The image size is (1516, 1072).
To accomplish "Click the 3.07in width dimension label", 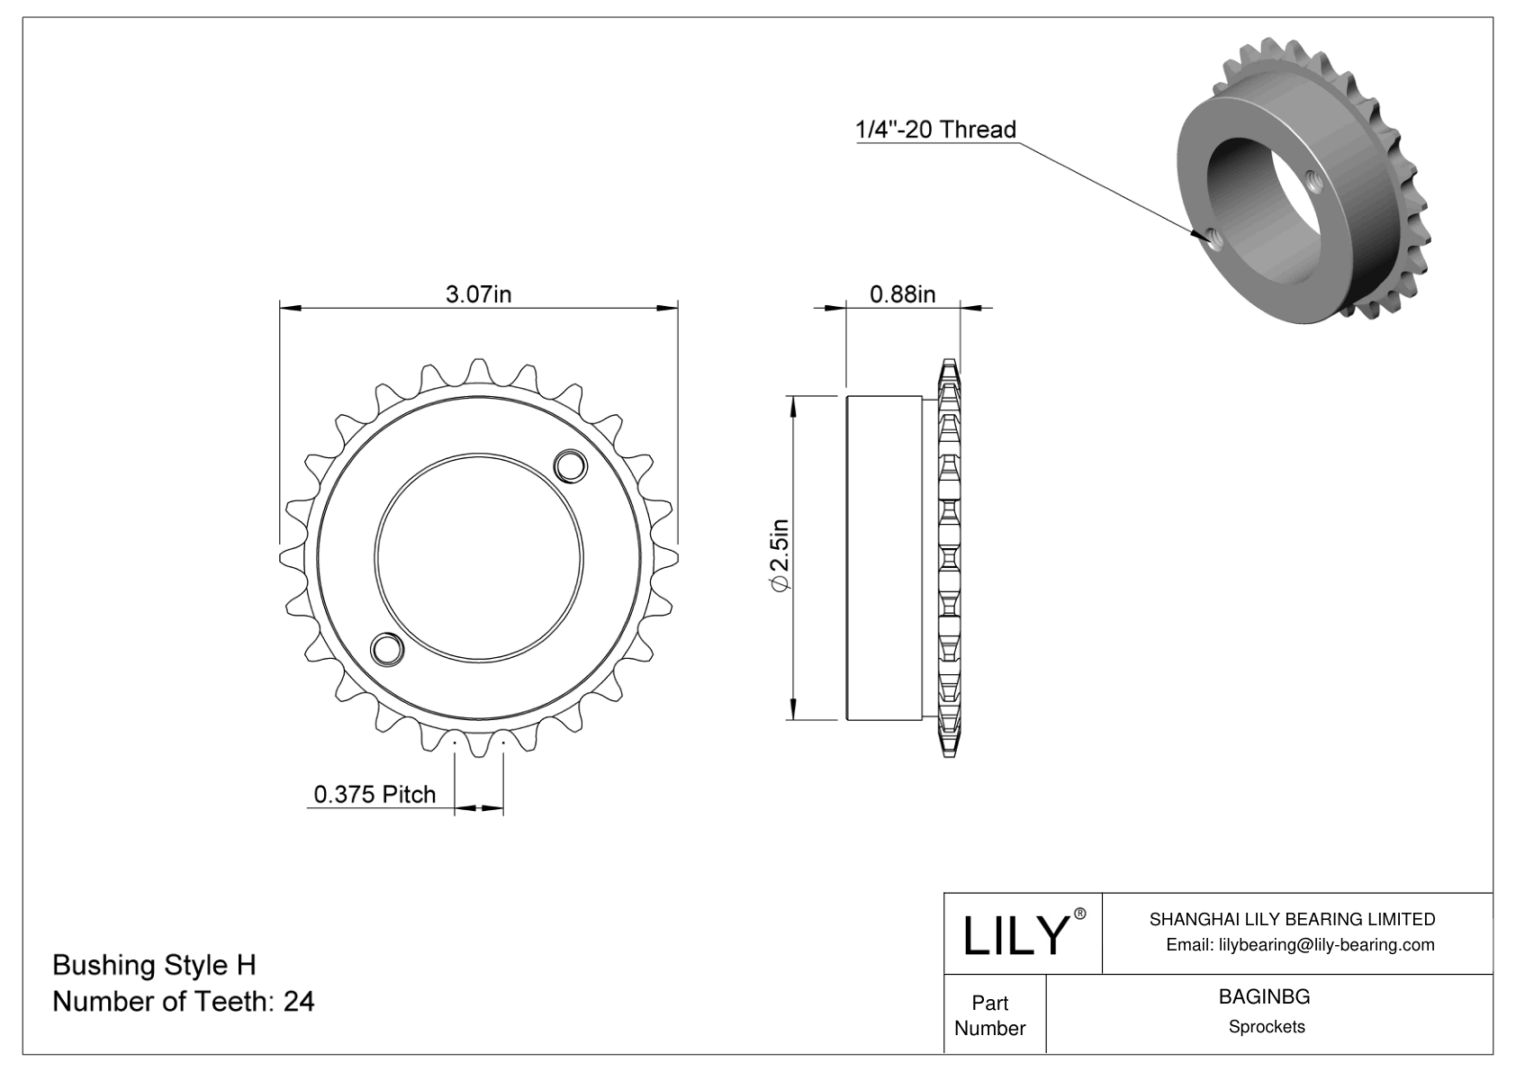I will click(478, 294).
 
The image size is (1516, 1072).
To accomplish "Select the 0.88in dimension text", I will click(902, 294).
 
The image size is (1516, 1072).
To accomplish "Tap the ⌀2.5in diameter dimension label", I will click(779, 556).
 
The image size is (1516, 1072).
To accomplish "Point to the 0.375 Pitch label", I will click(374, 794).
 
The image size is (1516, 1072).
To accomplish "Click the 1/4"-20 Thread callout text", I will click(935, 130).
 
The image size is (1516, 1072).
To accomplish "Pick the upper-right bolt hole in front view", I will click(570, 465).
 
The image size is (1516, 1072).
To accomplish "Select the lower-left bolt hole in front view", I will click(387, 648).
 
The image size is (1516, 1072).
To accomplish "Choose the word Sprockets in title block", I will click(1266, 1027).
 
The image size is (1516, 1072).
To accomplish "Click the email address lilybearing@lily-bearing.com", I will click(1300, 945).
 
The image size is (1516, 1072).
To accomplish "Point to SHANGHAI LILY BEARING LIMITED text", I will click(1292, 919).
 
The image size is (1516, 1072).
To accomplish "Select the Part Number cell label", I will click(989, 1015).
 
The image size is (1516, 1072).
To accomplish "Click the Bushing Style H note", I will click(154, 965).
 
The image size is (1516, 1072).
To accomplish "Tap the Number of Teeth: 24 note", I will click(184, 1001).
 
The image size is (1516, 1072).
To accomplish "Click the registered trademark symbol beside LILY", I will click(1080, 914).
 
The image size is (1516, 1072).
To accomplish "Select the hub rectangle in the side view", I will click(883, 557).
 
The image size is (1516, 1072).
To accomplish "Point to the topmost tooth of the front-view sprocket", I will click(478, 370).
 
